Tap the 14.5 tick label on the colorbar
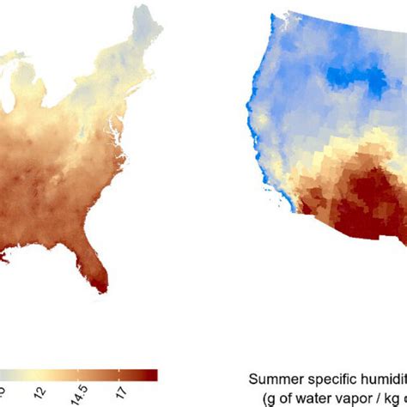pos(84,389)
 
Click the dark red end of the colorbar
pos(150,374)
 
